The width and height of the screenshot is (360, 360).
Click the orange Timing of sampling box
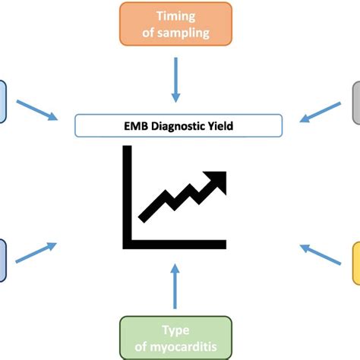pyautogui.click(x=175, y=24)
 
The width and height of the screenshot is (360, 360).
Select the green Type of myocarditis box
pyautogui.click(x=175, y=338)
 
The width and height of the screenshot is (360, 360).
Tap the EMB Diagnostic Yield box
pyautogui.click(x=178, y=125)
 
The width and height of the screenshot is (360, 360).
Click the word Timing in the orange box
pyautogui.click(x=175, y=16)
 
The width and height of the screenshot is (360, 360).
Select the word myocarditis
pyautogui.click(x=175, y=346)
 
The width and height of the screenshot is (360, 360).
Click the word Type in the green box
pyautogui.click(x=175, y=330)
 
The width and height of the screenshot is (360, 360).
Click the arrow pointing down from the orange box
pyautogui.click(x=175, y=81)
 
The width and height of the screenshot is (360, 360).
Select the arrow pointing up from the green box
pyautogui.click(x=175, y=284)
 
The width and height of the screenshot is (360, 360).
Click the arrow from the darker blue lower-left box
pyautogui.click(x=36, y=253)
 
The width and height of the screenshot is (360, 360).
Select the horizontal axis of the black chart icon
pyautogui.click(x=175, y=244)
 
